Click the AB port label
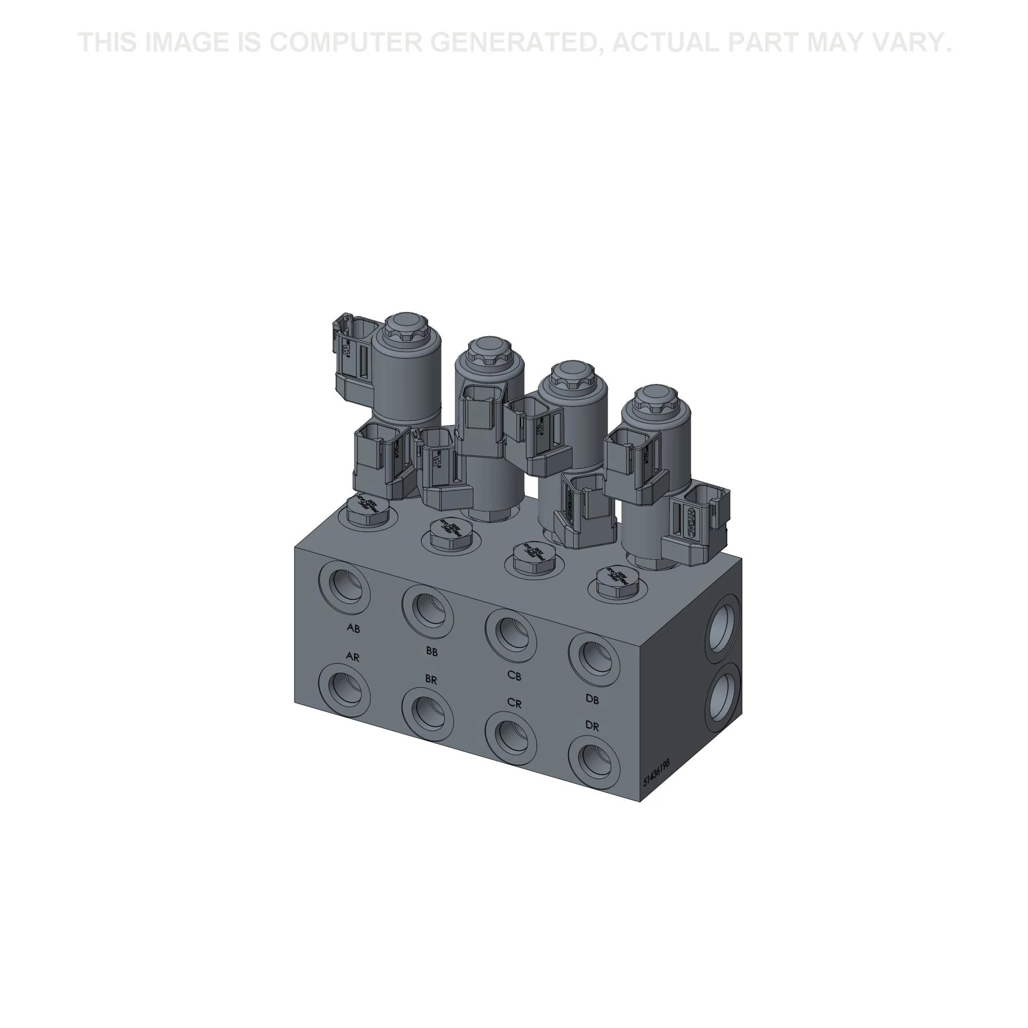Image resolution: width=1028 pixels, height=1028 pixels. point(353,629)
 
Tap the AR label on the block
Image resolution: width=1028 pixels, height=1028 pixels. point(353,656)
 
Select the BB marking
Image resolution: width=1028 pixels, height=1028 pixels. point(432,651)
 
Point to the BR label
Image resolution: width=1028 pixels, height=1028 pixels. point(431,680)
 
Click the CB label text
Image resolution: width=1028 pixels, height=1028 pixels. point(514,676)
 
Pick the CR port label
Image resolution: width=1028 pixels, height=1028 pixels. point(514,704)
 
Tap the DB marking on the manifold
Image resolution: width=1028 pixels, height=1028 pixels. point(592,700)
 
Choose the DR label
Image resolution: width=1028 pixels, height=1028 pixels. point(592,726)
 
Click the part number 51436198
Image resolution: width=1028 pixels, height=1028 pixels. point(656,773)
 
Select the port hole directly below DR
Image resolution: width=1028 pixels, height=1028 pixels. point(594,762)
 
